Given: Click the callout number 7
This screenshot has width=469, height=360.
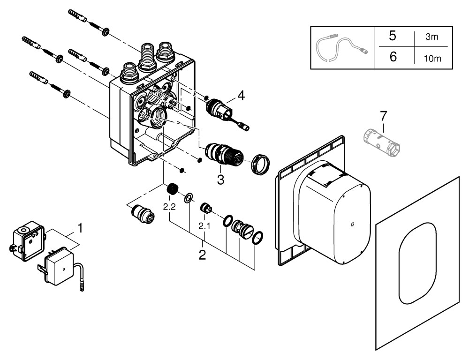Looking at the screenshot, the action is [383, 115].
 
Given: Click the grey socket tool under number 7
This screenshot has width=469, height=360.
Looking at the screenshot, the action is [382, 142].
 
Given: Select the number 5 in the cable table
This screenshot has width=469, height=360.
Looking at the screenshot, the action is [393, 36].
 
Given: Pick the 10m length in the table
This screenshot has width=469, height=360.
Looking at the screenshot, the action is [432, 58].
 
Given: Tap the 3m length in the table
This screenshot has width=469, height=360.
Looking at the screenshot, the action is [431, 37].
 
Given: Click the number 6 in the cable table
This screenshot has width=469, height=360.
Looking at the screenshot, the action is [393, 57].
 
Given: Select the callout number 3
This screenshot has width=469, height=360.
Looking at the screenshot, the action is [220, 180].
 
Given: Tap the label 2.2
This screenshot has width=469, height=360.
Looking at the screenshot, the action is [169, 207].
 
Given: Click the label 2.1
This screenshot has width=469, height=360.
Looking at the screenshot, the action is [204, 226].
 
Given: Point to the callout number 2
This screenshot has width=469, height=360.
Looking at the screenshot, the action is [202, 255].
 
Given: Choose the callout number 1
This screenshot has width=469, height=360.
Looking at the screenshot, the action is [80, 228].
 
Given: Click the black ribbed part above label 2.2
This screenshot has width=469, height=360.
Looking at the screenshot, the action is [172, 188].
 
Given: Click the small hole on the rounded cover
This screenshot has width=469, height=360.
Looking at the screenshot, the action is [352, 224].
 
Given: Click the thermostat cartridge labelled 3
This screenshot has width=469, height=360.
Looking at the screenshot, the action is [224, 155].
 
